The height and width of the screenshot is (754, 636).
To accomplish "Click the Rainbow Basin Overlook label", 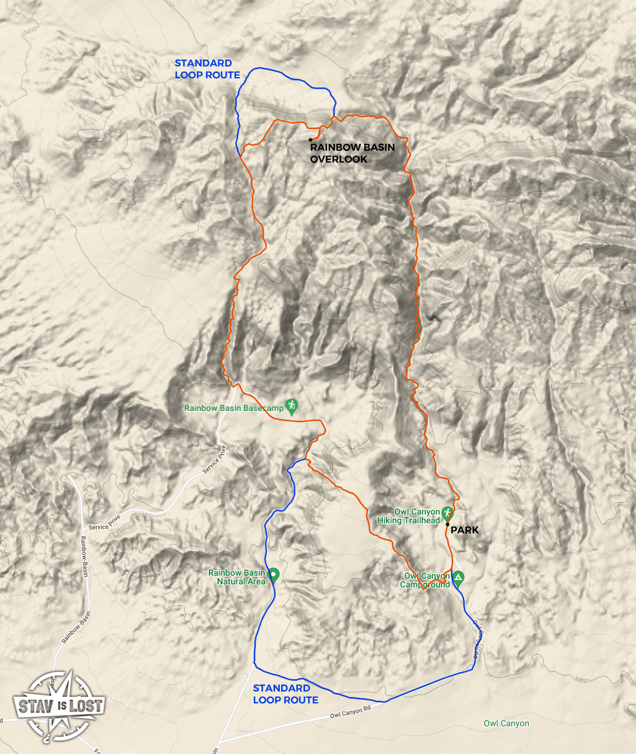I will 352,153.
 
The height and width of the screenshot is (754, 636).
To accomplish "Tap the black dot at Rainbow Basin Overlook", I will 310,140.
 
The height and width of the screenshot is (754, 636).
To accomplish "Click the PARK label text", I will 464,530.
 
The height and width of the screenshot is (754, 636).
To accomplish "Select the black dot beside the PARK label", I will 447,524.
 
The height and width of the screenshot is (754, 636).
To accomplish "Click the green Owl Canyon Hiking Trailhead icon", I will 448,513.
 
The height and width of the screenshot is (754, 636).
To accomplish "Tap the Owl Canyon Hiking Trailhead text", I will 409,516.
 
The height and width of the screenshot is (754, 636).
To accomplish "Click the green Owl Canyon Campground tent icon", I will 458,579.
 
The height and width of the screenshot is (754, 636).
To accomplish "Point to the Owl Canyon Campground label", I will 426,581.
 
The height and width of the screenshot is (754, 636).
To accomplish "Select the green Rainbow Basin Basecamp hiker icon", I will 291,406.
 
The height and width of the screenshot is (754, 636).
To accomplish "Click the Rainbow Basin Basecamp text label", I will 234,408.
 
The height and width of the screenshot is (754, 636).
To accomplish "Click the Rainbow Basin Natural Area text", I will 237,577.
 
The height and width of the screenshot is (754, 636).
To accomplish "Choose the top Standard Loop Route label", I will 207,69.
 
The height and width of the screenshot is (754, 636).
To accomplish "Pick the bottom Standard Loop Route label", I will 285,694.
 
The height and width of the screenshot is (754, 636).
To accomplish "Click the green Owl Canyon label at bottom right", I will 506,723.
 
